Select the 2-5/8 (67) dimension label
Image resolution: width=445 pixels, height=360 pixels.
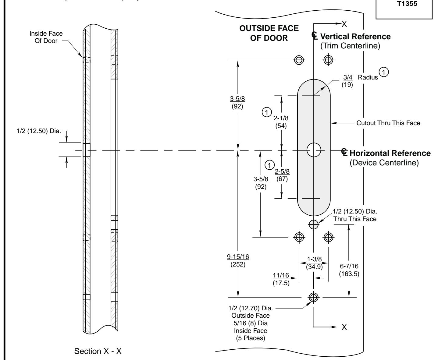coord(282,175)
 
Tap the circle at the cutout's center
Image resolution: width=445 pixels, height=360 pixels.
coord(314,150)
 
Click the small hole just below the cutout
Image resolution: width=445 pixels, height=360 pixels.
coord(314,224)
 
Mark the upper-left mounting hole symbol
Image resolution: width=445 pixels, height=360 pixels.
coord(299,60)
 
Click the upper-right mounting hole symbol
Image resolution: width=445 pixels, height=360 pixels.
coord(328,60)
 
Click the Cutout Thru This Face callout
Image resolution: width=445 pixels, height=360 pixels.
coord(388,123)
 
